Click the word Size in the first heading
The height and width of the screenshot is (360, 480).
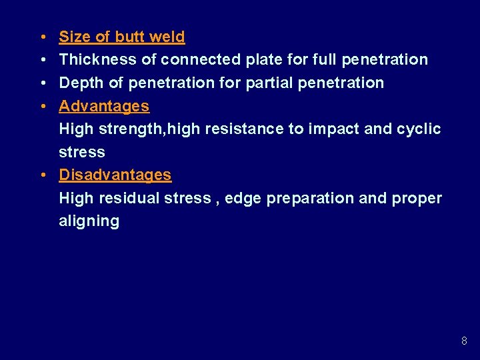coord(73,37)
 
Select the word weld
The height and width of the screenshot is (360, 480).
coord(167,37)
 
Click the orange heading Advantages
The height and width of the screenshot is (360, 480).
coord(104,106)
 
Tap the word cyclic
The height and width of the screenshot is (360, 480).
coord(419,129)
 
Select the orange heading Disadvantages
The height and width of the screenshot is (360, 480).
coord(115,175)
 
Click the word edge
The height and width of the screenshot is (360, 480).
coord(243,198)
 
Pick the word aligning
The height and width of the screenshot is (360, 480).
coord(89,221)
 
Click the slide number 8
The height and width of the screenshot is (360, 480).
coord(464,341)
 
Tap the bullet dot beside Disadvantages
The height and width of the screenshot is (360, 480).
coord(42,175)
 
